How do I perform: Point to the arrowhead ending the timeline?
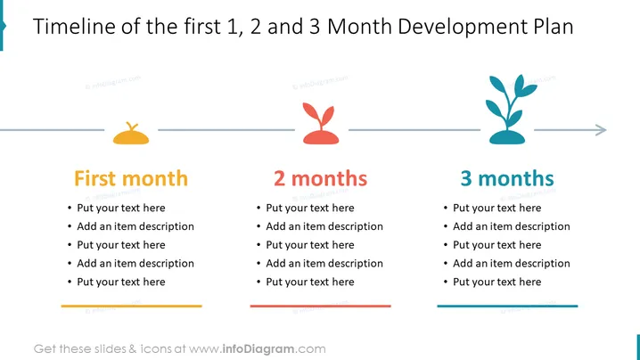click(x=601, y=130)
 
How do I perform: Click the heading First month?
click(x=131, y=178)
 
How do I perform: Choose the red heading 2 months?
click(x=320, y=178)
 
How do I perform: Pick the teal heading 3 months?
click(x=507, y=178)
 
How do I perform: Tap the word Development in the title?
click(x=463, y=28)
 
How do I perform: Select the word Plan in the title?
click(x=554, y=27)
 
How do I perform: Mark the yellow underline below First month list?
click(x=131, y=306)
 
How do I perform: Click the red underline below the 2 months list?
click(x=320, y=306)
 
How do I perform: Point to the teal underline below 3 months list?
click(x=507, y=306)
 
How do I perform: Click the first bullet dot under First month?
click(x=70, y=209)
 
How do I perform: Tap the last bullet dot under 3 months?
click(x=446, y=282)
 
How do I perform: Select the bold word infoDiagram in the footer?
click(x=258, y=349)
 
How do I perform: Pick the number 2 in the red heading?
click(x=279, y=179)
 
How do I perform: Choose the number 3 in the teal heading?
click(x=466, y=179)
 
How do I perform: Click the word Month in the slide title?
click(x=359, y=27)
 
